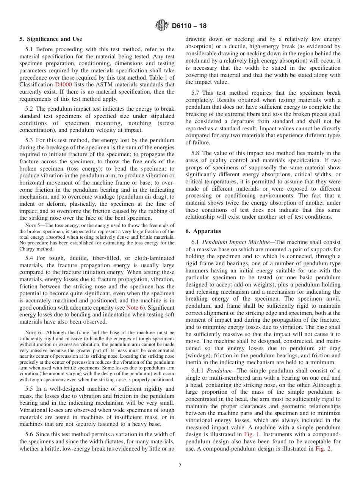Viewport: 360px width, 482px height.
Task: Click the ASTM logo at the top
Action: tap(162, 26)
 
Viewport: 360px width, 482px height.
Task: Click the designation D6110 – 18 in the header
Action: tap(189, 26)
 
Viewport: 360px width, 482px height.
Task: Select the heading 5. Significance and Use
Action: tap(51, 39)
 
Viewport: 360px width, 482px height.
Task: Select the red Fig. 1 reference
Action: tap(252, 435)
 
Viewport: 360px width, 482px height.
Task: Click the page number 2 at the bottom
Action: tap(180, 466)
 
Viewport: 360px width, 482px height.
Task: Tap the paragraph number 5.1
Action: tap(29, 49)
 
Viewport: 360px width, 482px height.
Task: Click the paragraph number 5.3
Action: tap(29, 141)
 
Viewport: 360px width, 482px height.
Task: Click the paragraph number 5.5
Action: tap(29, 389)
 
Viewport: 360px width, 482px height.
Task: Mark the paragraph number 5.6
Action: tap(29, 435)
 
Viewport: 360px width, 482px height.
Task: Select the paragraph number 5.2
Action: tap(29, 109)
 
